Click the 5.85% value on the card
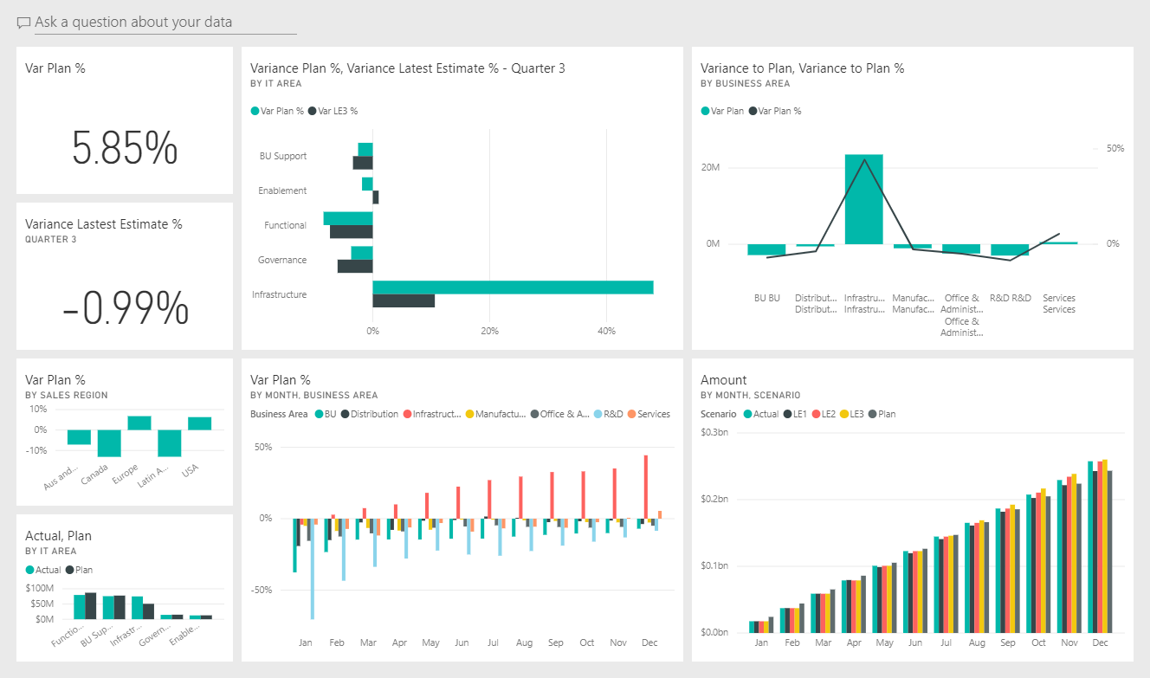125,148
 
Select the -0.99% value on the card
125,307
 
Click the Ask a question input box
165,23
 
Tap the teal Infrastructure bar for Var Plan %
513,287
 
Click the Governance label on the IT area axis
282,260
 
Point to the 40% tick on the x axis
606,331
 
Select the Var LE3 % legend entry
337,111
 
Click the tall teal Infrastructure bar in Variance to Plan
863,199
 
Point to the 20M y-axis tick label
711,167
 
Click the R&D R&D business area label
1010,298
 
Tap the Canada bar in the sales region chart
109,443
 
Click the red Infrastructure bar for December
646,487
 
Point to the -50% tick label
261,590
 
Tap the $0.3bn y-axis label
714,432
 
